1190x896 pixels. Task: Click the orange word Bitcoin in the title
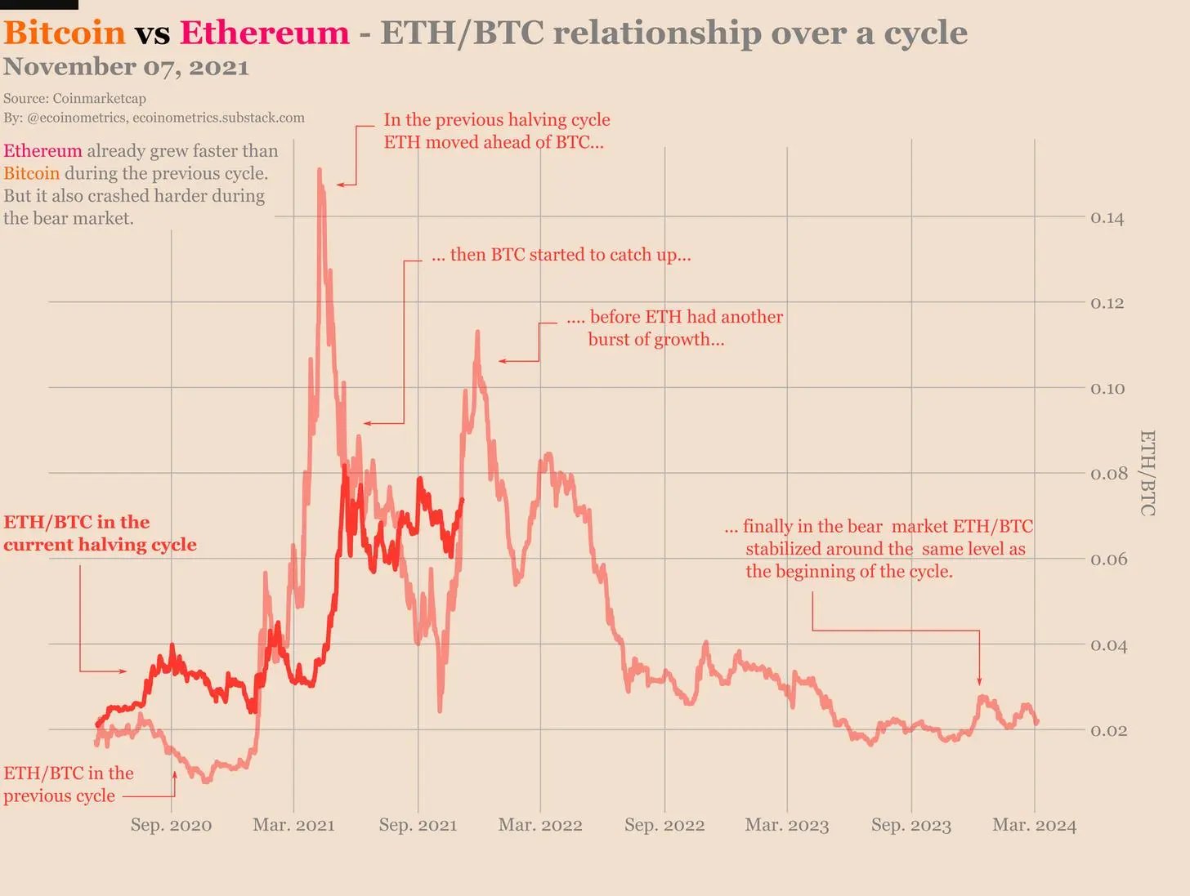[x=65, y=33]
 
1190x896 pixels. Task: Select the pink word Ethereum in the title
[x=265, y=33]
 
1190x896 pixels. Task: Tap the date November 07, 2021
[x=126, y=67]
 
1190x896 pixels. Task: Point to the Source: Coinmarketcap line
[x=75, y=99]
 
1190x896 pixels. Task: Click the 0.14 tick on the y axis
[x=1107, y=218]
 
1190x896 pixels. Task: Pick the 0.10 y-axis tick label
[x=1107, y=389]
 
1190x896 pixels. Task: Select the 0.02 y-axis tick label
[x=1109, y=731]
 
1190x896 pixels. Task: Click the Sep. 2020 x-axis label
[x=172, y=825]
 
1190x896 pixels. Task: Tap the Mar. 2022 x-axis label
[x=540, y=825]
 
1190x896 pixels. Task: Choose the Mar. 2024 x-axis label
[x=1035, y=825]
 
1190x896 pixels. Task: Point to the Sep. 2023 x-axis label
[x=911, y=825]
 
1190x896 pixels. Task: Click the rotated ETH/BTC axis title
[x=1147, y=473]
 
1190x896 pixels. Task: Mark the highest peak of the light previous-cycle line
[x=320, y=170]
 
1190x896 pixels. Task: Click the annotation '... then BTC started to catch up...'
[x=561, y=255]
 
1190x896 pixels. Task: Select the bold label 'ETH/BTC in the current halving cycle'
[x=101, y=533]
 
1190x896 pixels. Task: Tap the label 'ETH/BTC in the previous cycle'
[x=69, y=784]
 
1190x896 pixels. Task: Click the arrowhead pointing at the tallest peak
[x=340, y=185]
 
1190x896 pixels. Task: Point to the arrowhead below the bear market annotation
[x=979, y=681]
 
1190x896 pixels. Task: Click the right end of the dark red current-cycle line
[x=462, y=500]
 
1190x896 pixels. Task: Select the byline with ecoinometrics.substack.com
[x=154, y=118]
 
